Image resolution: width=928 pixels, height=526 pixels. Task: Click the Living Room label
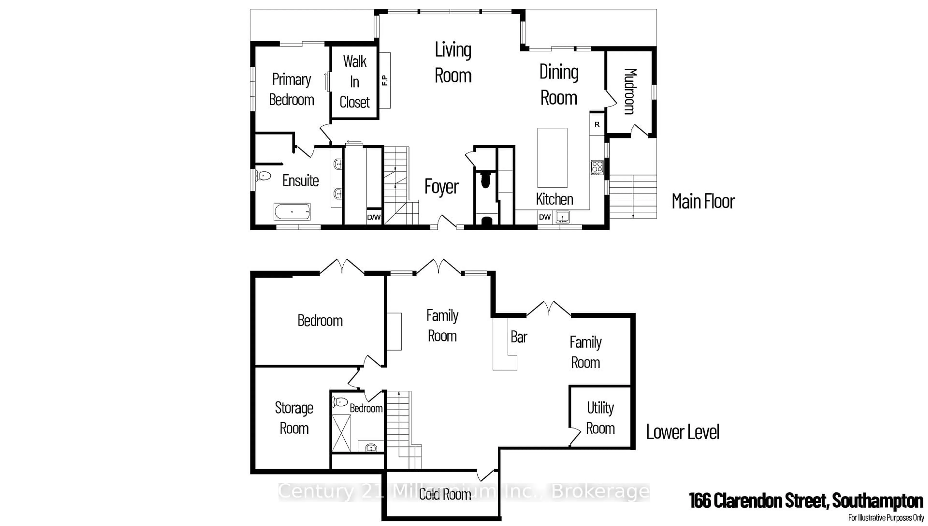click(453, 63)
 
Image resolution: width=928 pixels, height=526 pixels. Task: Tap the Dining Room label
click(558, 85)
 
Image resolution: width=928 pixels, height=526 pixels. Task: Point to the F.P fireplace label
click(384, 80)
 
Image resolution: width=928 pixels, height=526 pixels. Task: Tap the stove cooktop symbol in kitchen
click(597, 168)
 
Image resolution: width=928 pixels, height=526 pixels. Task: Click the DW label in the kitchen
click(544, 217)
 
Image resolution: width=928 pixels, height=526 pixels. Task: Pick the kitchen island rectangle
click(552, 158)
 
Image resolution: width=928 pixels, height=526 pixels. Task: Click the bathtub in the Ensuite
click(292, 212)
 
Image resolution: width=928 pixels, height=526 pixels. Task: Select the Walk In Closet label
click(355, 82)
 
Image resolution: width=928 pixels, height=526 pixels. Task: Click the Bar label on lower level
click(519, 337)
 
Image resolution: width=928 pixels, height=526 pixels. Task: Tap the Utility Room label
click(600, 418)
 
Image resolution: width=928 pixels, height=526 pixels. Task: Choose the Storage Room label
click(294, 418)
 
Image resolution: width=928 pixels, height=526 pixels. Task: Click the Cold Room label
click(445, 494)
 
